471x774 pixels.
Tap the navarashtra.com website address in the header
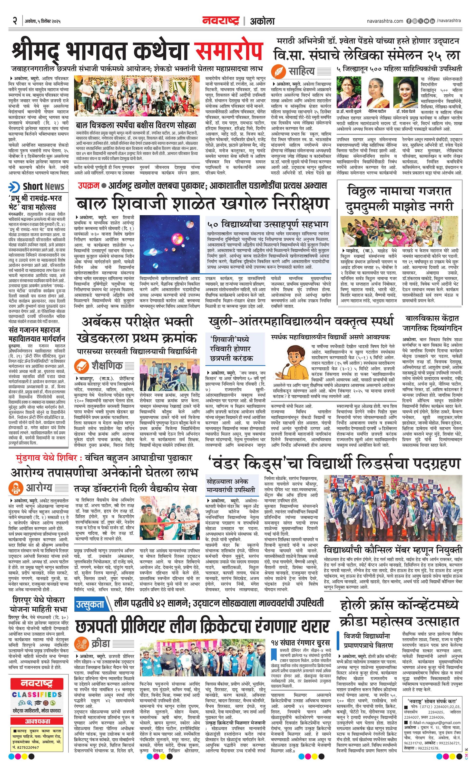coord(385,21)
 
